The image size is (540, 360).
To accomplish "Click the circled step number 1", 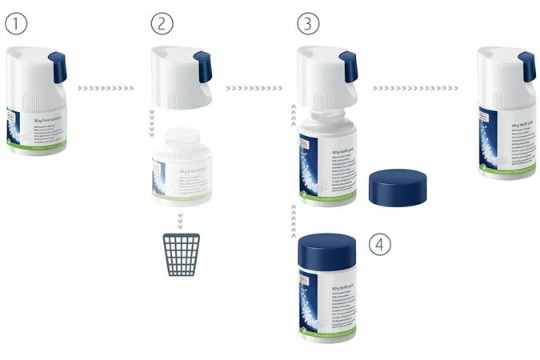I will click(x=16, y=24).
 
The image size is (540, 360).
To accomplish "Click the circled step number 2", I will click(x=162, y=24).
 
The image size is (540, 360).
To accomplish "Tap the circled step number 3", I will click(x=308, y=24).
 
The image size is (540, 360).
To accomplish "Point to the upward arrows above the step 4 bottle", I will click(x=294, y=215).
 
